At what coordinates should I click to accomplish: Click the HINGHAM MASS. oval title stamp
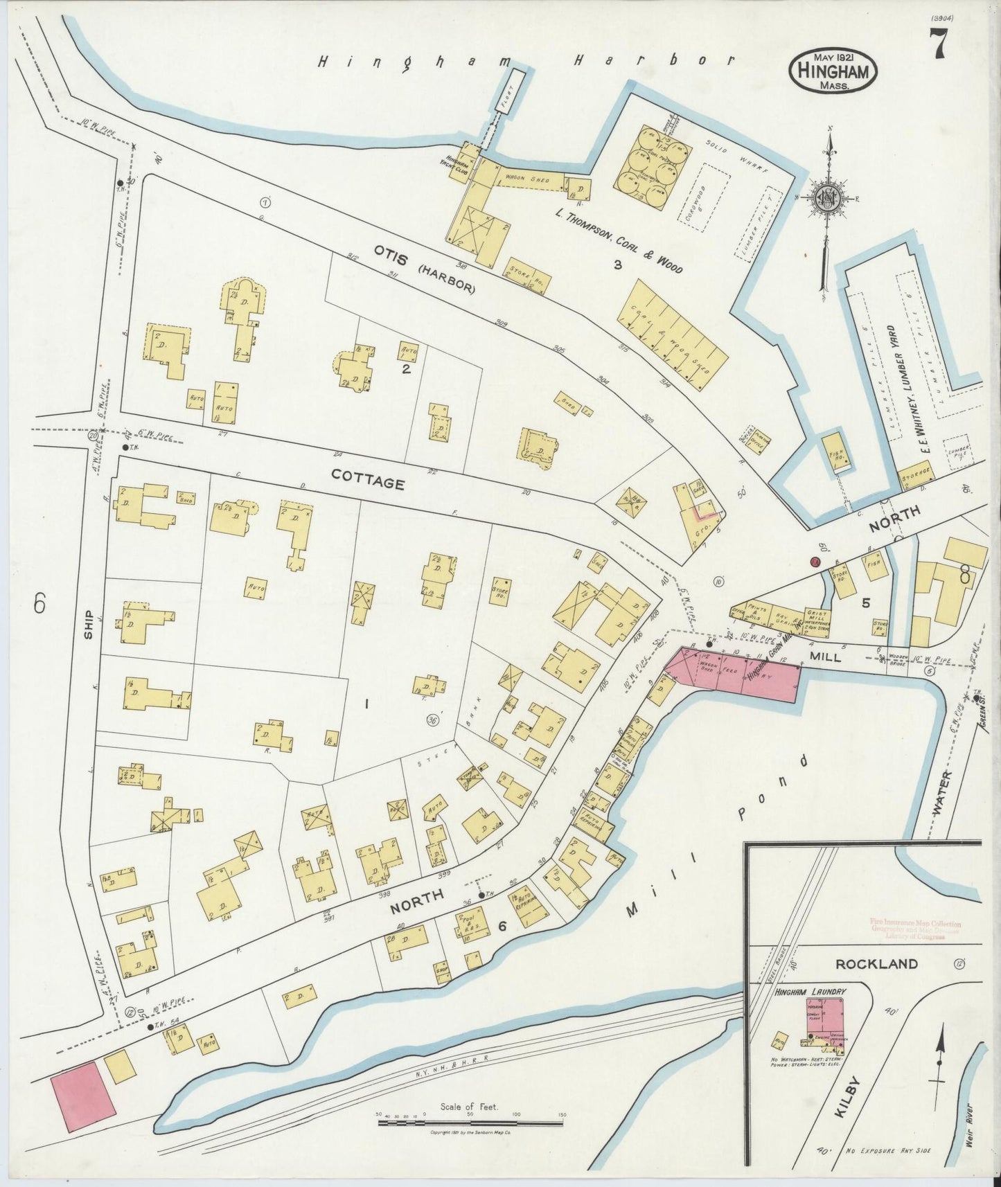point(833,71)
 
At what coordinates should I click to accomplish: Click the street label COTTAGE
point(367,478)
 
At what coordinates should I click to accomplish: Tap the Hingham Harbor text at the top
point(524,61)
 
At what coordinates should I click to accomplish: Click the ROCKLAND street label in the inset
point(876,963)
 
